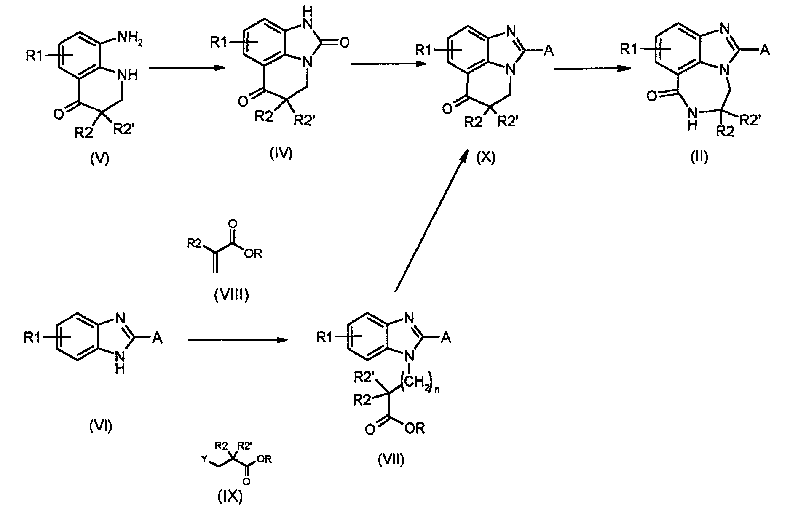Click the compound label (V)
click(x=100, y=160)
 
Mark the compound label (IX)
click(x=230, y=497)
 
